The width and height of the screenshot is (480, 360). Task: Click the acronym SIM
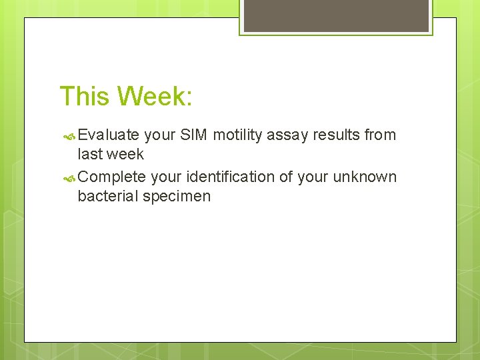pos(194,135)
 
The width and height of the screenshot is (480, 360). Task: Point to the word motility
pos(238,135)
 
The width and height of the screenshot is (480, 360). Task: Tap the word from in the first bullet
pos(381,135)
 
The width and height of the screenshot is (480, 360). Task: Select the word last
pos(90,154)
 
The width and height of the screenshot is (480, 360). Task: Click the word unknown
pos(366,177)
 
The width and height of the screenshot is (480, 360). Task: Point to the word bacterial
pos(107,196)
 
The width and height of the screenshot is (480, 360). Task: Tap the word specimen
pos(176,196)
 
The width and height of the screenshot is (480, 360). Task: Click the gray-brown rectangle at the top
pos(335,15)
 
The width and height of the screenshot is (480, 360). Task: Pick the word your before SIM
pos(160,135)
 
